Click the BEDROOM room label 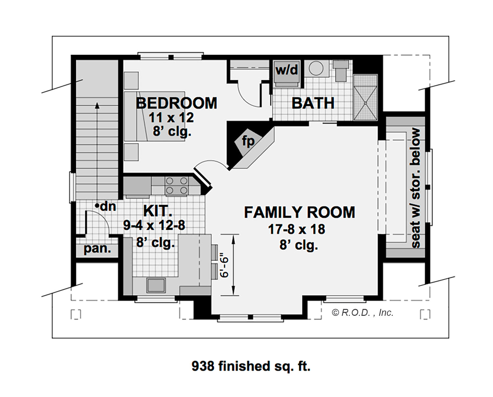point(176,103)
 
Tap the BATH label point(313,103)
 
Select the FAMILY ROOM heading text point(300,212)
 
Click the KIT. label point(158,211)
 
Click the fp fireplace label point(248,141)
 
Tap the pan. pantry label point(97,248)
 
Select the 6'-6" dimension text point(224,265)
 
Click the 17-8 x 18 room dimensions point(297,229)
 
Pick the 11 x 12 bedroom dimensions point(171,118)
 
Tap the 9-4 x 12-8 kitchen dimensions point(154,225)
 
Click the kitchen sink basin point(156,285)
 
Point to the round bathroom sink point(316,68)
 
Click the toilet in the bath point(340,71)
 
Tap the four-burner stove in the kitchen point(176,186)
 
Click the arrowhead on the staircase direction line point(97,105)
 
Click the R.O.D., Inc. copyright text point(363,313)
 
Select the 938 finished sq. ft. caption point(251,366)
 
